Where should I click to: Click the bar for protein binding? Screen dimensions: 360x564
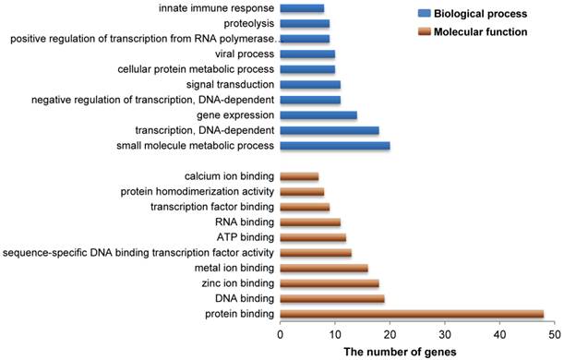coord(411,315)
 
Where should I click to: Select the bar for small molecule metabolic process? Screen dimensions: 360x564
coord(334,146)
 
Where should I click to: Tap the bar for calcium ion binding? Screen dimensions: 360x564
coord(299,176)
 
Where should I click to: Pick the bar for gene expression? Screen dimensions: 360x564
coord(318,115)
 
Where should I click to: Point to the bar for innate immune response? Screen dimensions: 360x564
coord(301,8)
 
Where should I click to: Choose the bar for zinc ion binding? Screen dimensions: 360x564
coord(329,283)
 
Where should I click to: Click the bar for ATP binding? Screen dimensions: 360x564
coord(312,237)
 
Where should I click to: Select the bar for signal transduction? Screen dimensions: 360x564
coord(309,84)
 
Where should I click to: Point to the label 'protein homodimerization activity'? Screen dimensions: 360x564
coord(198,191)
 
